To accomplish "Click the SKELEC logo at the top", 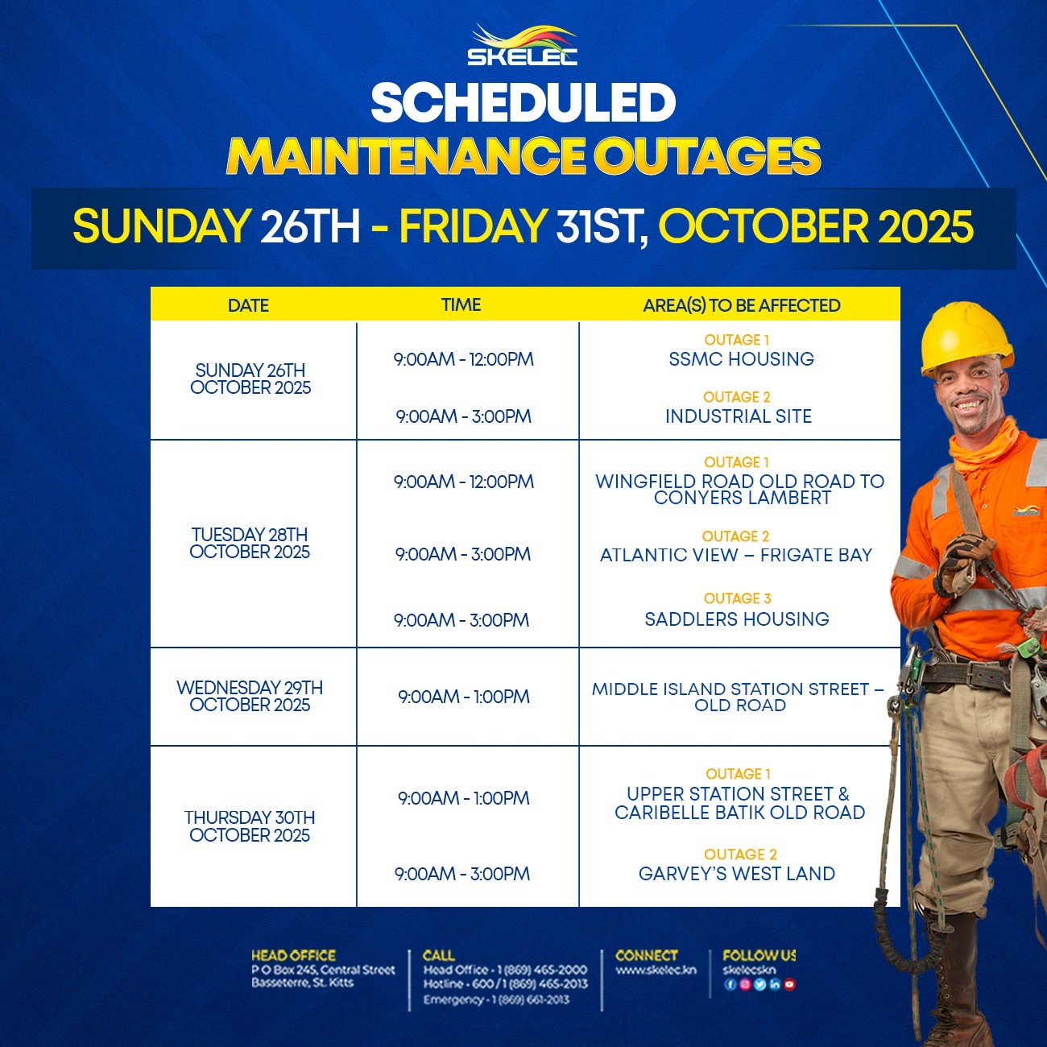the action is click(x=522, y=45).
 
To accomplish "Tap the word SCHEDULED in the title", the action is click(x=523, y=103).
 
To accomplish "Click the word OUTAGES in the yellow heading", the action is click(x=707, y=156).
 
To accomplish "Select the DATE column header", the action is click(x=248, y=305).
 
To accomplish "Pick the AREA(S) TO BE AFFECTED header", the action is click(x=742, y=305).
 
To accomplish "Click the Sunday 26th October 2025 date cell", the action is click(x=250, y=379).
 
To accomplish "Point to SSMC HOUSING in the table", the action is click(x=741, y=359).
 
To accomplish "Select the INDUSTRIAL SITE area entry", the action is click(x=739, y=416).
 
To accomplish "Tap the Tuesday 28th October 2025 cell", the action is click(x=250, y=543).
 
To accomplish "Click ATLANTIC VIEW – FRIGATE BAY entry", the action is click(x=735, y=555).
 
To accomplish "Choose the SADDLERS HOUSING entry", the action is click(x=737, y=619).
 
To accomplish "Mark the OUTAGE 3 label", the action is click(x=737, y=598).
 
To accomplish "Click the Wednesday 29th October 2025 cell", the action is click(x=250, y=696).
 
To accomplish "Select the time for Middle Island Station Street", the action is click(x=463, y=697).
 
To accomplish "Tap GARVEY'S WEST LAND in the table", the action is click(x=737, y=874).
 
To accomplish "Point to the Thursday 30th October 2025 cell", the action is click(x=250, y=826).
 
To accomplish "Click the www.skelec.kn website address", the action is click(x=656, y=970).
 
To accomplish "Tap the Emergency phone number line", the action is click(x=497, y=1000).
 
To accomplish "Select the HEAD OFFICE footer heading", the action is click(x=293, y=956).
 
